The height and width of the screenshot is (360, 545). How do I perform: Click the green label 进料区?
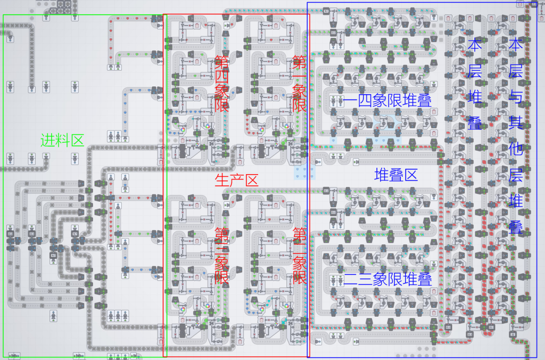coord(63,141)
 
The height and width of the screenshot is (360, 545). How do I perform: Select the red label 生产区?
coord(236,180)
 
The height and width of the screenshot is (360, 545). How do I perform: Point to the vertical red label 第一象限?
coord(300,84)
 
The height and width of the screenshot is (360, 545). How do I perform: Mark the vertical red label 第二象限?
coord(300,255)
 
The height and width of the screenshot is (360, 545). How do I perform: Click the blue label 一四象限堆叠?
coord(387,101)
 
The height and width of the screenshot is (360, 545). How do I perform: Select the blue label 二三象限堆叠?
coord(387,279)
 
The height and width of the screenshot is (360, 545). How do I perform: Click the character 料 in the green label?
coord(63,141)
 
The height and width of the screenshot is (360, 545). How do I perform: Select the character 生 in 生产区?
coord(222,180)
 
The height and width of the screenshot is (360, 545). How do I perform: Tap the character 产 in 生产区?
coord(236,180)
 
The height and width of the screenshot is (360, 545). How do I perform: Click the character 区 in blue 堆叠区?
coord(410,174)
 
